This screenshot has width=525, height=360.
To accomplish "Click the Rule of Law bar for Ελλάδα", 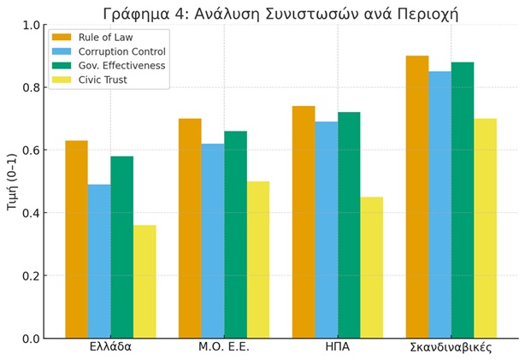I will [x=76, y=239].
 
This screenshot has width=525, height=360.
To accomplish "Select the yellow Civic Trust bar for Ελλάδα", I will [x=145, y=282].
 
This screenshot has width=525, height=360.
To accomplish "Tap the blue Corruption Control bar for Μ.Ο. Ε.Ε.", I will [x=213, y=241].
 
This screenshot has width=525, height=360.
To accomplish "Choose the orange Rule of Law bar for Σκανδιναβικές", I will [x=417, y=197].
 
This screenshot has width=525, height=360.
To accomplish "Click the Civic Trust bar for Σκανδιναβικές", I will [x=485, y=228].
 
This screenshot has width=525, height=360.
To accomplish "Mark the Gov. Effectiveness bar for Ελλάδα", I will [x=121, y=247].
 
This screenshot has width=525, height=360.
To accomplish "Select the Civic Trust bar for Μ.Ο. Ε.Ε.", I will [x=258, y=260].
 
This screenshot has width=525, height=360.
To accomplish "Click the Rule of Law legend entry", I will [x=106, y=37].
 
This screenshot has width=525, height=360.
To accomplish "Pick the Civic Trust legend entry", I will [x=102, y=80].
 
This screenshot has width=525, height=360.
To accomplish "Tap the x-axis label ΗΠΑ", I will [x=338, y=347].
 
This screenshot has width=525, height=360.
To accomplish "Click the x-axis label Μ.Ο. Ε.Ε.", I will [x=224, y=347].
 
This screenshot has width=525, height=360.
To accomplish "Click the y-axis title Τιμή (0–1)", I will [x=11, y=181].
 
